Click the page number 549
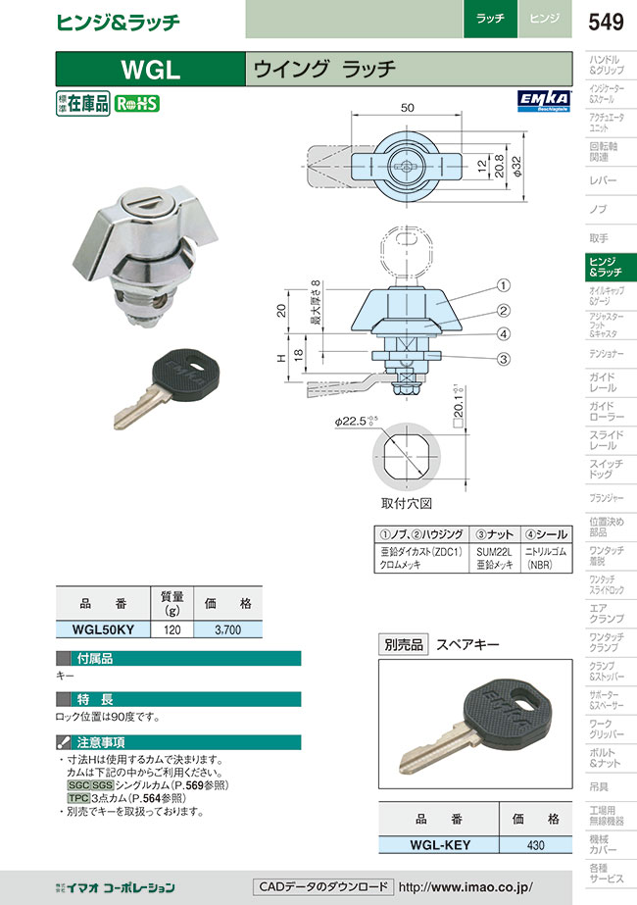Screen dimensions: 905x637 pyautogui.click(x=607, y=20)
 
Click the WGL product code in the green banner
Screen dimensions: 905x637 pyautogui.click(x=150, y=69)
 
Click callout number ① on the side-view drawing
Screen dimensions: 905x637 pyautogui.click(x=501, y=285)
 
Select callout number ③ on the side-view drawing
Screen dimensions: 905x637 pyautogui.click(x=501, y=359)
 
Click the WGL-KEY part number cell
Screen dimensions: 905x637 pyautogui.click(x=438, y=844)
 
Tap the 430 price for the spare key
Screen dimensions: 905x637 pyautogui.click(x=535, y=844)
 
